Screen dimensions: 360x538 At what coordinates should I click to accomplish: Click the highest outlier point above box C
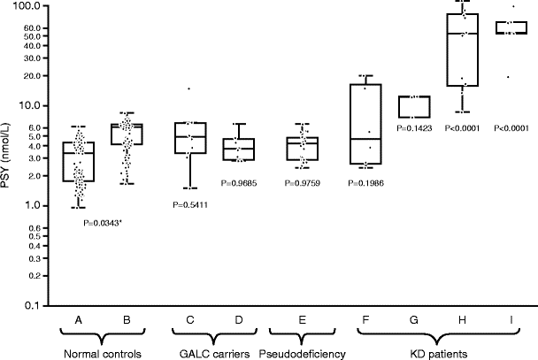187,88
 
